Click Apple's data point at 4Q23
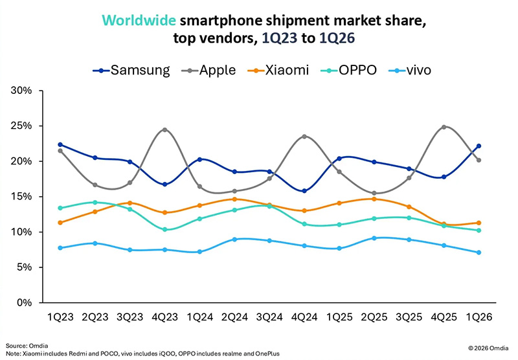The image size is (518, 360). coord(164,129)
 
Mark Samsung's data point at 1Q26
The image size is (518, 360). coord(478,146)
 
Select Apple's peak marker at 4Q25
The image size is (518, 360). coord(443,127)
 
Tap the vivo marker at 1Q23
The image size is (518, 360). coord(60,248)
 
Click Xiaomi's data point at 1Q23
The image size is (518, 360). coord(60,223)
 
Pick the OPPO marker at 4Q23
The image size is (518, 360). coord(164,229)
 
